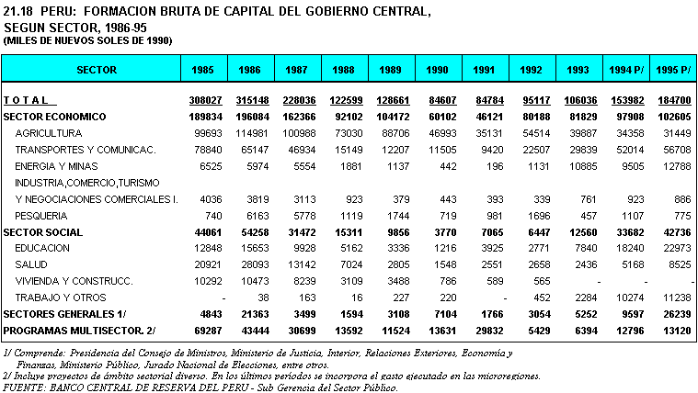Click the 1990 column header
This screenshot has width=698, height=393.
coord(437,70)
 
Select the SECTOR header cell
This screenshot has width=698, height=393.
coord(96,70)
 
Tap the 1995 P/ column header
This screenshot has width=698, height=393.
coord(671,70)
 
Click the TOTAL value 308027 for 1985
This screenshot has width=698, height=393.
coord(207,100)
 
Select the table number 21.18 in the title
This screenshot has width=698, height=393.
coord(18,10)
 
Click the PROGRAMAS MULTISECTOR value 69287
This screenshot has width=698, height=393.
coord(207,330)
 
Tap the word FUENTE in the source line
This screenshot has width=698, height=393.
coord(24,387)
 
